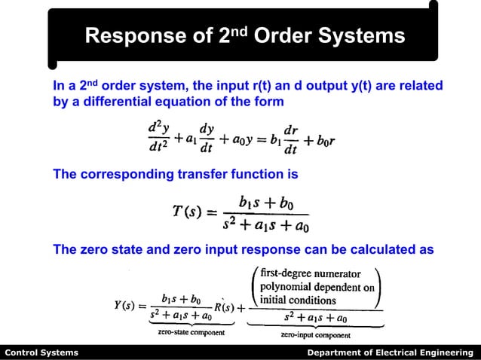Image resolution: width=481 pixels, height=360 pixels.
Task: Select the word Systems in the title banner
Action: pyautogui.click(x=362, y=35)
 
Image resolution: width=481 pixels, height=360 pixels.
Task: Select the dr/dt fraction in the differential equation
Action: pyautogui.click(x=290, y=138)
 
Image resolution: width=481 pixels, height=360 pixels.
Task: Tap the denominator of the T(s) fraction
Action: pyautogui.click(x=266, y=225)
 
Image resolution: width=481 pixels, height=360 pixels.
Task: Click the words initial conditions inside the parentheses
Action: pyautogui.click(x=299, y=299)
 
